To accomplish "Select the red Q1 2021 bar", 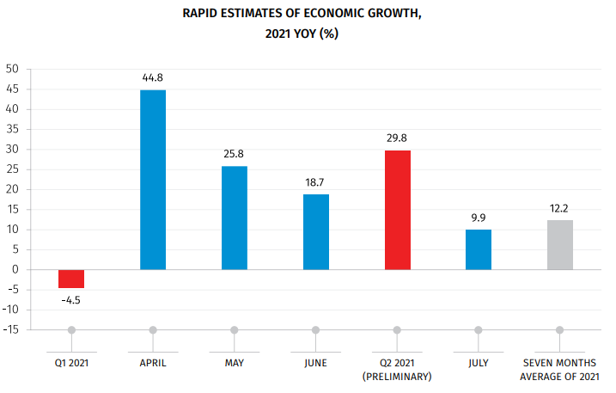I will (x=71, y=279).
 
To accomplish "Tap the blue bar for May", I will (x=235, y=218).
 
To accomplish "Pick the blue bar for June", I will (x=315, y=231).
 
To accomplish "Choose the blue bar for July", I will (x=479, y=249).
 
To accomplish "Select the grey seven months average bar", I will (x=560, y=244).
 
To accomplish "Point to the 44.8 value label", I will (x=153, y=78).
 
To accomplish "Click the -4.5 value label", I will (x=71, y=300).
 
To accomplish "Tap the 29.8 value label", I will (x=397, y=138).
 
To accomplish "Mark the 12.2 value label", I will (x=560, y=208).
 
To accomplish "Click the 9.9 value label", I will (x=479, y=218).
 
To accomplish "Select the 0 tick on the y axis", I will (x=15, y=269).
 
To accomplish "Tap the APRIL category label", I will (x=153, y=363).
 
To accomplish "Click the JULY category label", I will (x=479, y=363).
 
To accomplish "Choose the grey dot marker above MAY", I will (x=235, y=329).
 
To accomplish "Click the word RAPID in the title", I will (x=201, y=14).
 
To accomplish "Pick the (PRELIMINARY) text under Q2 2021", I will (x=397, y=377).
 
